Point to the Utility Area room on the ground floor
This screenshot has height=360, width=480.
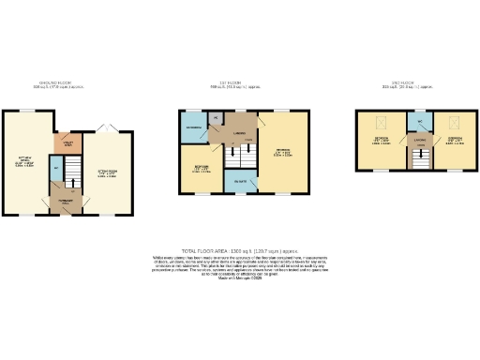coord(67,144)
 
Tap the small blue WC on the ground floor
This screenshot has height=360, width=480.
coord(55,169)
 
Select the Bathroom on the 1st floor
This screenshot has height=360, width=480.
coord(194,127)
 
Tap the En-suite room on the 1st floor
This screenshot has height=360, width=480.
coord(241,180)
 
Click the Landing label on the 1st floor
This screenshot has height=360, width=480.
coord(239,133)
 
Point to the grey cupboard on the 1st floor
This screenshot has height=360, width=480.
coord(217,118)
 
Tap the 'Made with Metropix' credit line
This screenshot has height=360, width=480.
coord(239,278)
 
